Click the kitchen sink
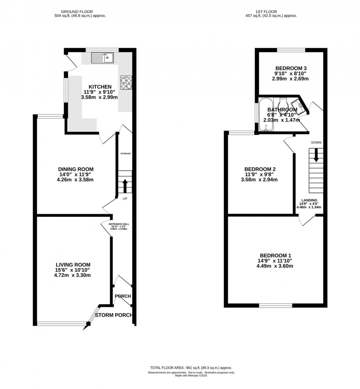point(103,57)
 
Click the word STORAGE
point(125,153)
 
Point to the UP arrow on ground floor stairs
point(125,186)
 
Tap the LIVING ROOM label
point(73,265)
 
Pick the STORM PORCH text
point(113,315)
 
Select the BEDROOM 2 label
point(260,169)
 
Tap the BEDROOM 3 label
point(291,68)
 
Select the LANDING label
point(309,200)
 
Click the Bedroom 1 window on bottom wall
point(276,305)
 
